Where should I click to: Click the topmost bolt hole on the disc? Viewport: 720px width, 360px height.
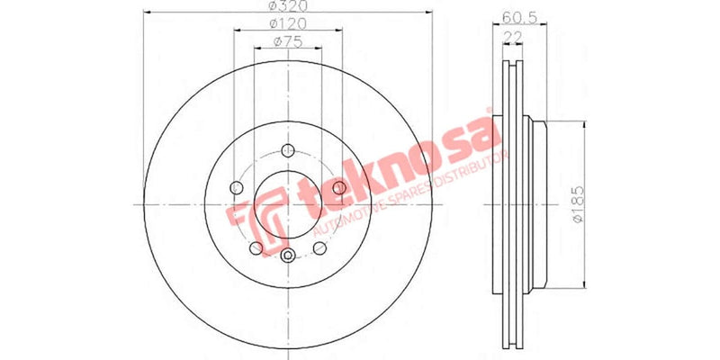(x=287, y=150)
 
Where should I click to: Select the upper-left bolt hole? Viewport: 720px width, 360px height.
(x=237, y=187)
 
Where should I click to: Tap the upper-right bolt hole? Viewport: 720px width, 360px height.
(x=339, y=187)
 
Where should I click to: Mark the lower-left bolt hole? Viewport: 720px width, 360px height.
(x=256, y=247)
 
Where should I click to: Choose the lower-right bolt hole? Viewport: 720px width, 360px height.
(x=319, y=247)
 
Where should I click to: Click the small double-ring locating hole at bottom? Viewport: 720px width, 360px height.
(x=287, y=256)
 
